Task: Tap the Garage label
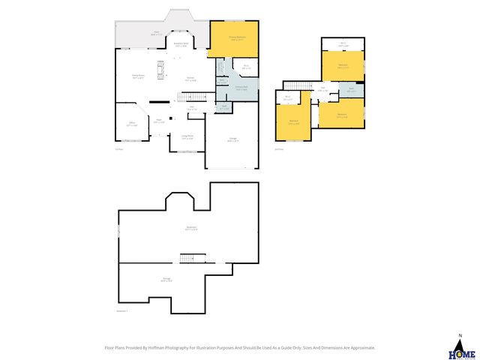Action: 233,140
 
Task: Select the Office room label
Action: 131,124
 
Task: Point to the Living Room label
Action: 187,137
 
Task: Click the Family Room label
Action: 139,76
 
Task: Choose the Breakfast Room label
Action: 181,44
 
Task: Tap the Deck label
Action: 157,33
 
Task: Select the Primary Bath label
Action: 241,88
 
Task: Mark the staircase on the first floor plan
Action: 193,97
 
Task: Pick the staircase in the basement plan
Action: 191,259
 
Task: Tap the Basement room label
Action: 192,229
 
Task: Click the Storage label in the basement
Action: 166,280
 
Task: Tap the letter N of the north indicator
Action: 460,334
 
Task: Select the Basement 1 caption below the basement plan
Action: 122,310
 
